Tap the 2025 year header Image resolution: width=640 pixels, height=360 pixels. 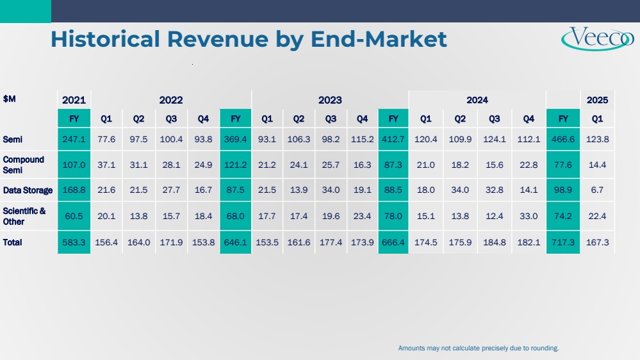597,100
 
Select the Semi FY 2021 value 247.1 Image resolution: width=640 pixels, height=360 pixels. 74,139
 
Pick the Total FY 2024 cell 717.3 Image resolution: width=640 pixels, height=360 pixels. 563,242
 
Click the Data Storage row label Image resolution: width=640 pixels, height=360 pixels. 28,190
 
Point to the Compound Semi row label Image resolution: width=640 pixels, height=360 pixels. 24,164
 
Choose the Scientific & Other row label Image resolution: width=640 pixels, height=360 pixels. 24,216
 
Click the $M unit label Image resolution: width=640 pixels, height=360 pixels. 10,98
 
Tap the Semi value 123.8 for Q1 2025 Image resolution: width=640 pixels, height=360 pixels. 597,139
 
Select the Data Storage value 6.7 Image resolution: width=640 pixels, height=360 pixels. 597,190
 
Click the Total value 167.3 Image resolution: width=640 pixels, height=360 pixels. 597,242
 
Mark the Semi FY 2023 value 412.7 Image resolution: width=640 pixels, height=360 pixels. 394,139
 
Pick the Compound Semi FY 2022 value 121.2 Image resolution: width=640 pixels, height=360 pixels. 235,165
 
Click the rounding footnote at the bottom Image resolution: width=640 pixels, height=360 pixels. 479,348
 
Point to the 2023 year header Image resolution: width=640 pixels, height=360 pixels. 330,100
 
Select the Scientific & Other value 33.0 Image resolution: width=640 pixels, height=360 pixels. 529,217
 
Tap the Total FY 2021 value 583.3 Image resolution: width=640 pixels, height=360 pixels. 74,242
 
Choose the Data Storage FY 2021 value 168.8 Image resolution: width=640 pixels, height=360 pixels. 74,190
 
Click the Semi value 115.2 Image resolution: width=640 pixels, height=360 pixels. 362,139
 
